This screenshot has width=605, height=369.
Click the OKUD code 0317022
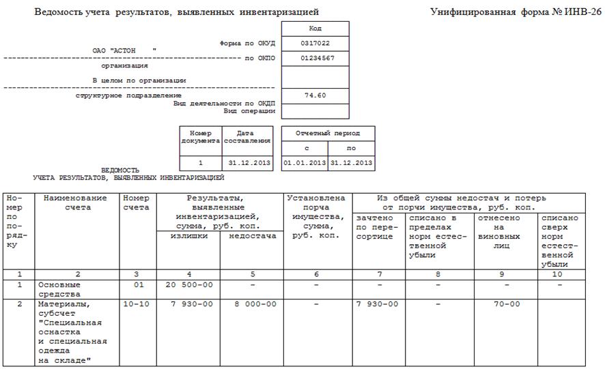[315, 43]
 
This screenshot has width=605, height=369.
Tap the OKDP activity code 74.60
[315, 95]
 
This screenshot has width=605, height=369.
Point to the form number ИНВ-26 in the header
[575, 12]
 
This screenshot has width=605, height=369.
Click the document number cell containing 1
[201, 163]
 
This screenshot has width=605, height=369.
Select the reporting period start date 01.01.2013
[305, 163]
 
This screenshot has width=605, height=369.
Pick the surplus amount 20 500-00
[188, 284]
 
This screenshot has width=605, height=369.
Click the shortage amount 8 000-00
[251, 304]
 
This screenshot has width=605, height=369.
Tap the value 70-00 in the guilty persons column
[506, 304]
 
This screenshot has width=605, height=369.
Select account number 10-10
[137, 304]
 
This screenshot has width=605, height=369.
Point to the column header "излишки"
[188, 236]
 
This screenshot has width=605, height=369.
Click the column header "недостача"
[251, 236]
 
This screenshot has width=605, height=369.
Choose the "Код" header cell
[315, 29]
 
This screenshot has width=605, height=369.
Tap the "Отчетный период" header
[328, 134]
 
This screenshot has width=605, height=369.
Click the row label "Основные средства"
[60, 289]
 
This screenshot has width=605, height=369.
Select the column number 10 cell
[559, 274]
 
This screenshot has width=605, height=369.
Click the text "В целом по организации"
[139, 80]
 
